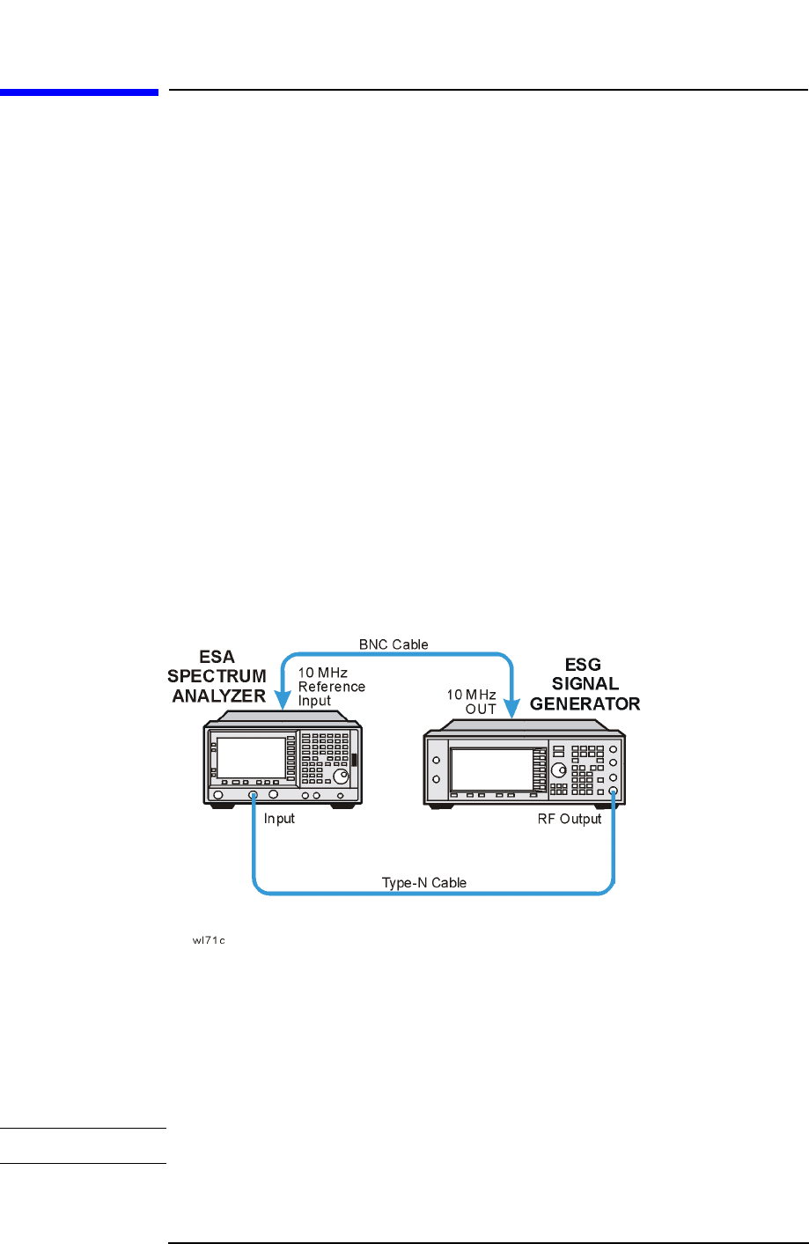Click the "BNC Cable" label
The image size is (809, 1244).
393,644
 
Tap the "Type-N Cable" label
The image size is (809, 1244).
423,882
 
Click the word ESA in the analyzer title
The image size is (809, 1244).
217,657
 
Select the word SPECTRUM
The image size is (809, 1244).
217,676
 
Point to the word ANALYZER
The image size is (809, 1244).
218,696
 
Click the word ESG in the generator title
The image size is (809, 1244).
583,665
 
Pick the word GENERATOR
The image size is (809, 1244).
585,703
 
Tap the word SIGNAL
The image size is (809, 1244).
585,684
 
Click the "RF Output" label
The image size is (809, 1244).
570,819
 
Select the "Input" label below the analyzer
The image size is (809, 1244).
279,819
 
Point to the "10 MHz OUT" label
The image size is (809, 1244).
473,702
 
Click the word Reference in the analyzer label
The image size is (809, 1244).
331,687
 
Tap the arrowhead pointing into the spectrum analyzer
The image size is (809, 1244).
283,701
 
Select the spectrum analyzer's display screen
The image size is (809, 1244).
251,758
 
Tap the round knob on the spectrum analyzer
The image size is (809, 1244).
340,777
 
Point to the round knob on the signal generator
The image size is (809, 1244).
559,769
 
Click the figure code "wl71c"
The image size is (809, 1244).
209,940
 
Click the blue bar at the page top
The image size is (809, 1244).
79,92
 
